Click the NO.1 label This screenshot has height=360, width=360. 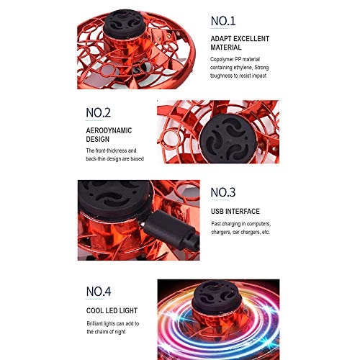coord(223,21)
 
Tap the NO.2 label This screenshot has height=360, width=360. coord(98,112)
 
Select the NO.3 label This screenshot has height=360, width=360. coord(223,192)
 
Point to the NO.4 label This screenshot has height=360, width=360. coord(99,292)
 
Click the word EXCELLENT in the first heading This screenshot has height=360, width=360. coord(251,39)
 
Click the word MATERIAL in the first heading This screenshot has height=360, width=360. coord(226,48)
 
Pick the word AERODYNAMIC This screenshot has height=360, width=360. coord(109,130)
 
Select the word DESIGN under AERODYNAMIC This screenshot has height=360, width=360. coord(97,139)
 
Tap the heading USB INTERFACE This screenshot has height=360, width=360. coord(235,212)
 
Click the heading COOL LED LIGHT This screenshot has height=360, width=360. coord(112,310)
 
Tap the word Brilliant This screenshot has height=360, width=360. coord(94,323)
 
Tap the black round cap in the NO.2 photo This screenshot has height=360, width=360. coord(227,138)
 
